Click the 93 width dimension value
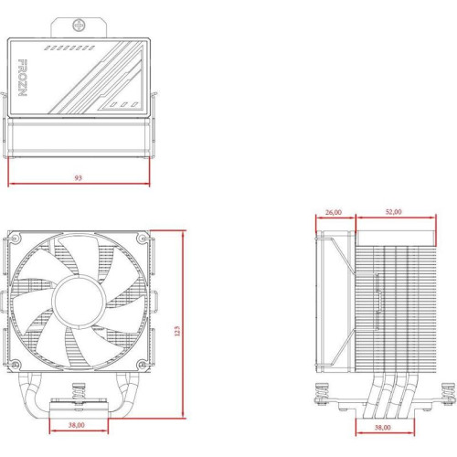pyautogui.click(x=79, y=178)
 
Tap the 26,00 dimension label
pyautogui.click(x=334, y=212)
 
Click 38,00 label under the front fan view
pyautogui.click(x=79, y=425)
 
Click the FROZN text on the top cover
pyautogui.click(x=22, y=80)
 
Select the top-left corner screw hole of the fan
pyautogui.click(x=16, y=240)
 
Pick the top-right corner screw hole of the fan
pyautogui.click(x=142, y=240)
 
